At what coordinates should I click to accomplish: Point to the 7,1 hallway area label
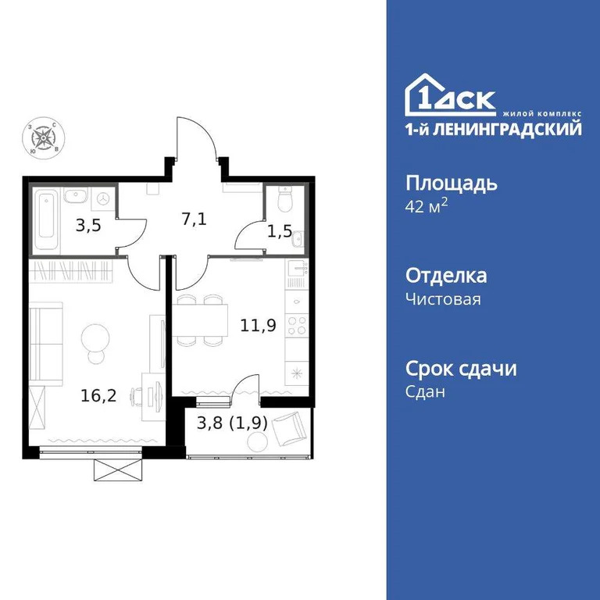tap(194, 218)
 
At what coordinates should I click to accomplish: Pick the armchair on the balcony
tap(294, 427)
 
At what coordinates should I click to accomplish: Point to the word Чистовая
tap(444, 299)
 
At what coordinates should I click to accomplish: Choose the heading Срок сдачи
tap(461, 368)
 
